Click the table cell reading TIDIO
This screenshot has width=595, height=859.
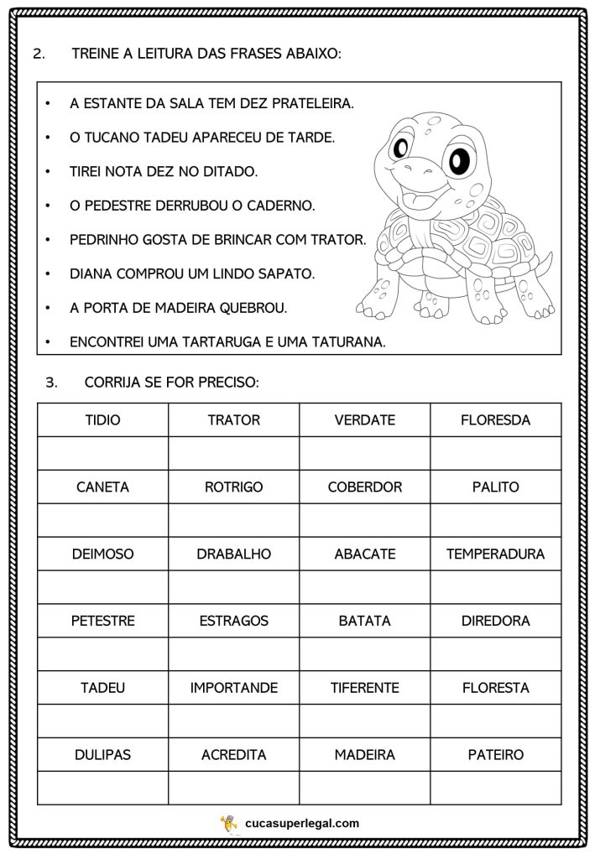102,419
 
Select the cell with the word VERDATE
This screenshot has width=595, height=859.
364,419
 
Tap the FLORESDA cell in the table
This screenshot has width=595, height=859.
495,419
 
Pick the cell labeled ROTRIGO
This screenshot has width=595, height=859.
233,487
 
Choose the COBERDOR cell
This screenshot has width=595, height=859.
364,487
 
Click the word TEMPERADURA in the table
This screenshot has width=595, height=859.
495,554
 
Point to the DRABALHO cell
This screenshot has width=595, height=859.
233,554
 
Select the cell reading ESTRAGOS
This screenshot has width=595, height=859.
233,621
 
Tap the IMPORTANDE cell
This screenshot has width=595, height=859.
233,688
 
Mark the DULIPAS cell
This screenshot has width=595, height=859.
102,755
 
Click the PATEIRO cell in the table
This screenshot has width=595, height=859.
495,755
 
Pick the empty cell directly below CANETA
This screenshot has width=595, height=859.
102,520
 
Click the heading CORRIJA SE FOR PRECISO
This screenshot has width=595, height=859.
171,383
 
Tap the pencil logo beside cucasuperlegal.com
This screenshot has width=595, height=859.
228,823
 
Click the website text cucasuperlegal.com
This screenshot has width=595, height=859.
302,824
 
